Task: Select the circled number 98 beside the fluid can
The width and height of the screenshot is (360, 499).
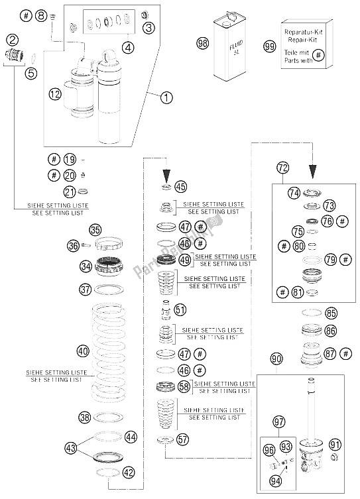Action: pos(203,44)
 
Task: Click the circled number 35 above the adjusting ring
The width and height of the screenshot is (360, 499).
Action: pos(96,230)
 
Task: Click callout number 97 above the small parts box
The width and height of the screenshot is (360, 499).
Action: pos(279,421)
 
